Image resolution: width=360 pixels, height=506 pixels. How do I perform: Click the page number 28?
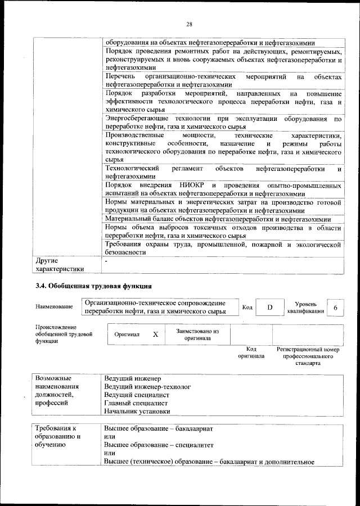(189, 24)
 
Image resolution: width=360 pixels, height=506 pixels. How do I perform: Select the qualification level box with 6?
(335, 308)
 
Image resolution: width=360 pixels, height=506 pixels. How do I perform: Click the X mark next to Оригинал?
(156, 334)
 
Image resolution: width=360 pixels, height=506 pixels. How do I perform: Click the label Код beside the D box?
(247, 307)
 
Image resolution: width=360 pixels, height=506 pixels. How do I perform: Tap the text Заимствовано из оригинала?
(197, 335)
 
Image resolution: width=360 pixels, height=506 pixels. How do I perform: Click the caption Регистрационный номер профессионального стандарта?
(308, 356)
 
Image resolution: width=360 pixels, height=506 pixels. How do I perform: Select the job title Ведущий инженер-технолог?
(148, 387)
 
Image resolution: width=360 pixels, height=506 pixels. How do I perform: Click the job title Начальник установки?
(137, 411)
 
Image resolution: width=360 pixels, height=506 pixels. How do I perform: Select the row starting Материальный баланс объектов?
(217, 219)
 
